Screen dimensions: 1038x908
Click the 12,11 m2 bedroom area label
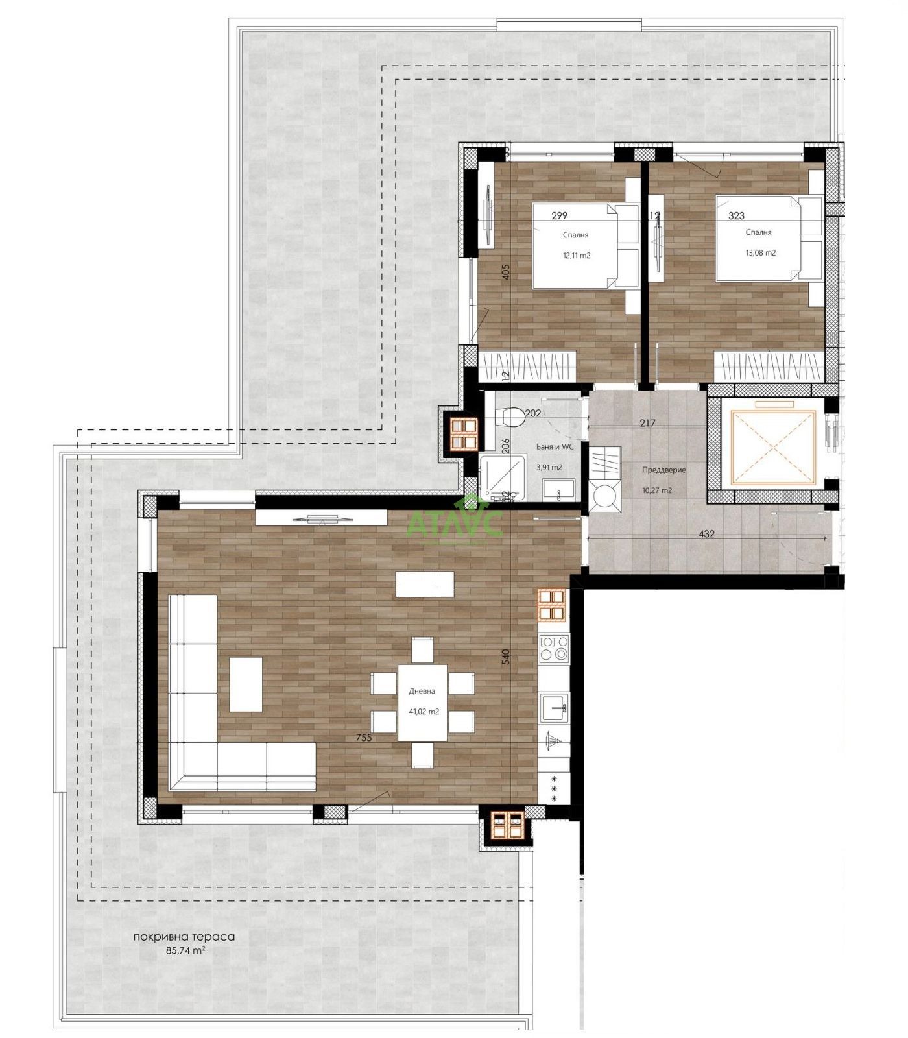576,255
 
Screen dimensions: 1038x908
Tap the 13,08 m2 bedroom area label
761,253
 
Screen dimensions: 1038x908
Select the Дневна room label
422,691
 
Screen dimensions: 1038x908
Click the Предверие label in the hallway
663,470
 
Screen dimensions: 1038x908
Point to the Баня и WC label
555,446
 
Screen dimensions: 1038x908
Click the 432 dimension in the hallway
706,534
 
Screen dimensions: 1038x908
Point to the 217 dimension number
647,423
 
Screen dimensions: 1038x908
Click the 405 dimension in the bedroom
507,271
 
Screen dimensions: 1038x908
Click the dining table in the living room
422,701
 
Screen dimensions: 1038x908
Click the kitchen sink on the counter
555,706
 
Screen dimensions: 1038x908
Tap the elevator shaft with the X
771,447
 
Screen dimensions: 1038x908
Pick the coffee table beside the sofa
246,684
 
